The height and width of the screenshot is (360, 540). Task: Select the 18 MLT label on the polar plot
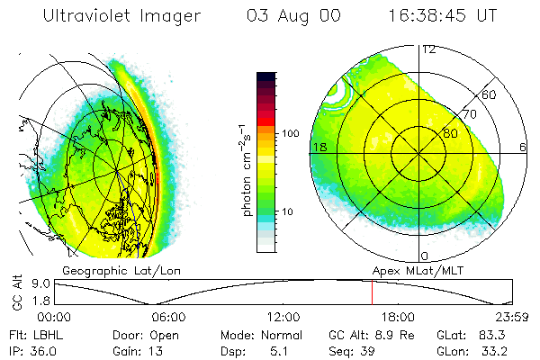[319, 147]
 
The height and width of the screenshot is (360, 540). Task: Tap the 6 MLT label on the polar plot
[523, 147]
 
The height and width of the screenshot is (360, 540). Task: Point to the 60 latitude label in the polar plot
[490, 94]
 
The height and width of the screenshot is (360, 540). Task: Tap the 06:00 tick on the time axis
[168, 317]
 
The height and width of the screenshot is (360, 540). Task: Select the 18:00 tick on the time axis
[398, 317]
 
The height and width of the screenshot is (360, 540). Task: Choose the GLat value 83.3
[499, 334]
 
